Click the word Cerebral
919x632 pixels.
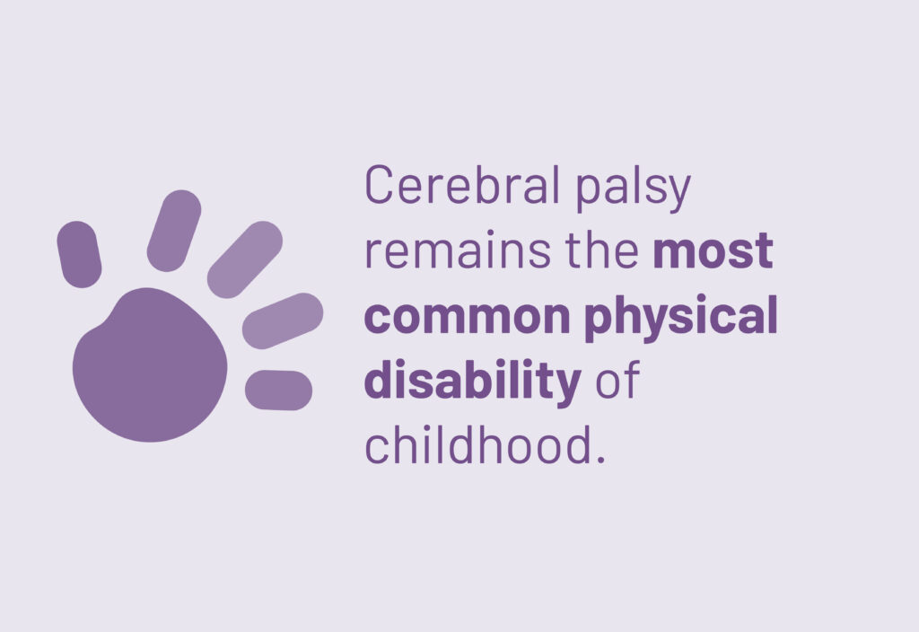click(x=462, y=184)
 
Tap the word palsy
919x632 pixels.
click(x=633, y=189)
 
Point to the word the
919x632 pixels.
click(x=602, y=250)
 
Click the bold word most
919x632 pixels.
click(x=713, y=250)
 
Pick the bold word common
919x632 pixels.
click(x=467, y=317)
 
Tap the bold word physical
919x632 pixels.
click(x=681, y=318)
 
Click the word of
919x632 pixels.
click(x=617, y=381)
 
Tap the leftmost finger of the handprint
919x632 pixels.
click(x=79, y=254)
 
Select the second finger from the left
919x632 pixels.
click(x=174, y=231)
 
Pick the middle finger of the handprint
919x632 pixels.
click(x=245, y=259)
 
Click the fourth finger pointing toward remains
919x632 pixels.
click(x=283, y=320)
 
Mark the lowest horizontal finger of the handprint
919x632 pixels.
click(x=278, y=390)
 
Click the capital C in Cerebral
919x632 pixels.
click(x=379, y=184)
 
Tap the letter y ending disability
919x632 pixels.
click(x=567, y=386)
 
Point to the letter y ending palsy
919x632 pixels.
click(x=679, y=193)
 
